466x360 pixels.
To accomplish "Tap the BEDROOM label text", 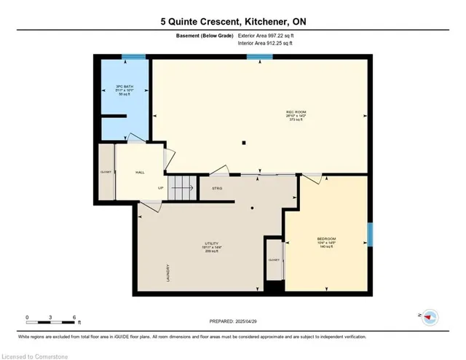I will [x=326, y=238].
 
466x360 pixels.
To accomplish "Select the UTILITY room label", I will [x=212, y=243].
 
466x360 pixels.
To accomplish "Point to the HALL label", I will [x=141, y=173].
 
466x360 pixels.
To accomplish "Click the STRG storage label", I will [x=217, y=188].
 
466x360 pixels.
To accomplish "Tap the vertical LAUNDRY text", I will [x=168, y=273].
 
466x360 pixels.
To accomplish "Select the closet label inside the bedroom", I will [x=274, y=259].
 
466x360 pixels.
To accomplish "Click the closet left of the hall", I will [x=106, y=173].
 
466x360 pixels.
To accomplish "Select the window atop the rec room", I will [x=255, y=57].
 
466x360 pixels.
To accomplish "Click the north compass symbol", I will [x=430, y=316].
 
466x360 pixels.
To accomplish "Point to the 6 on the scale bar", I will [x=74, y=317].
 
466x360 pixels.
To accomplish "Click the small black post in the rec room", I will [x=245, y=142].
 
